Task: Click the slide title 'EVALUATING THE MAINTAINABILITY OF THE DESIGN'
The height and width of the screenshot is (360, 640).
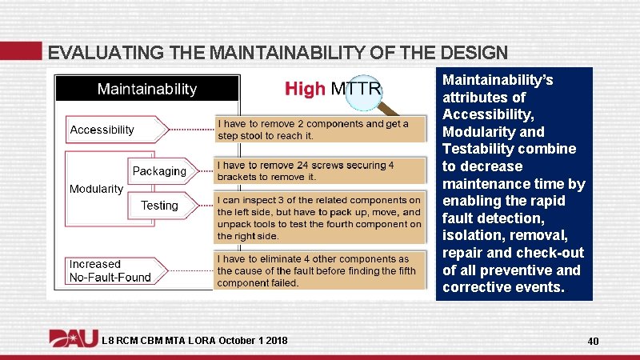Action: click(x=277, y=53)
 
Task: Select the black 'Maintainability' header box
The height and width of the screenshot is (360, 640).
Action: click(x=146, y=88)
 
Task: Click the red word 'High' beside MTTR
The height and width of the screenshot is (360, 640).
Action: click(x=305, y=89)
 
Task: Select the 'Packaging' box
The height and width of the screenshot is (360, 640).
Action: click(x=159, y=171)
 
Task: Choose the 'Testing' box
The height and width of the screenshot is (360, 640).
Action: click(x=159, y=206)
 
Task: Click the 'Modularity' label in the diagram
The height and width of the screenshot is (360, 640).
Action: click(x=96, y=189)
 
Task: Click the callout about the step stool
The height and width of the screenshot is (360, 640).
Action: click(x=320, y=130)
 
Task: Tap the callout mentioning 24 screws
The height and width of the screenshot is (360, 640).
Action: click(x=320, y=170)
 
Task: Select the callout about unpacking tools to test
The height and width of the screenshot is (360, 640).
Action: click(x=320, y=218)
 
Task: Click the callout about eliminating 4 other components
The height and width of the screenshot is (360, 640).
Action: click(x=320, y=270)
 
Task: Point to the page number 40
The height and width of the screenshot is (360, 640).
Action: click(x=593, y=342)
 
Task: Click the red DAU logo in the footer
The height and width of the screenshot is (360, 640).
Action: click(x=74, y=340)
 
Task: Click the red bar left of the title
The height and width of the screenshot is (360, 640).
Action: click(x=21, y=50)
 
